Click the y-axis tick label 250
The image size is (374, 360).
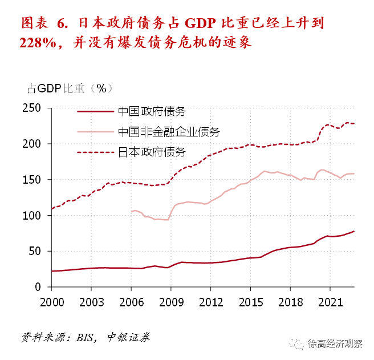pyautogui.click(x=34, y=108)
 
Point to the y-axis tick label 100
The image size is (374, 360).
pyautogui.click(x=34, y=216)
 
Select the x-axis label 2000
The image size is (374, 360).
pyautogui.click(x=51, y=301)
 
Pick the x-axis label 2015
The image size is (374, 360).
pyautogui.click(x=250, y=301)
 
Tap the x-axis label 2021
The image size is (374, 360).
pyautogui.click(x=330, y=301)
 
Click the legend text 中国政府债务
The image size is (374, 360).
pyautogui.click(x=151, y=112)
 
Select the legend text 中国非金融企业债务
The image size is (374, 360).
pyautogui.click(x=168, y=132)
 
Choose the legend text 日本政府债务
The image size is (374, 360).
pyautogui.click(x=151, y=152)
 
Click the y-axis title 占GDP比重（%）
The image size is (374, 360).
pyautogui.click(x=70, y=88)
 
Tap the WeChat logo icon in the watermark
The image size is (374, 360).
pyautogui.click(x=296, y=343)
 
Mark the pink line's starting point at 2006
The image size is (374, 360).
pyautogui.click(x=131, y=211)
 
